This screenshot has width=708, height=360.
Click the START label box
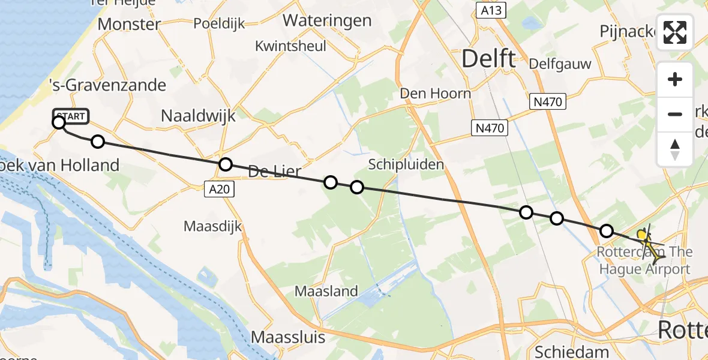pyautogui.click(x=71, y=116)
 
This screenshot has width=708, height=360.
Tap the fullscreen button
pyautogui.click(x=675, y=32)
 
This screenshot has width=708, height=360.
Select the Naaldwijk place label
pyautogui.click(x=198, y=116)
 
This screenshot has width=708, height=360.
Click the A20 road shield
pyautogui.click(x=218, y=190)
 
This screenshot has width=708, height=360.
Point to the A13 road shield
pyautogui.click(x=491, y=10)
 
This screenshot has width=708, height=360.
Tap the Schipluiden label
pyautogui.click(x=398, y=164)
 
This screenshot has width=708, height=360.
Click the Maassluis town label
pyautogui.click(x=288, y=337)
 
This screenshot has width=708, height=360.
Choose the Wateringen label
pyautogui.click(x=327, y=20)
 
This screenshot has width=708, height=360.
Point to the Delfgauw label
pyautogui.click(x=560, y=64)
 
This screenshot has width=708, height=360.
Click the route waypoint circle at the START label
pyautogui.click(x=59, y=123)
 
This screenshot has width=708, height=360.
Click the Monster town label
pyautogui.click(x=129, y=24)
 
